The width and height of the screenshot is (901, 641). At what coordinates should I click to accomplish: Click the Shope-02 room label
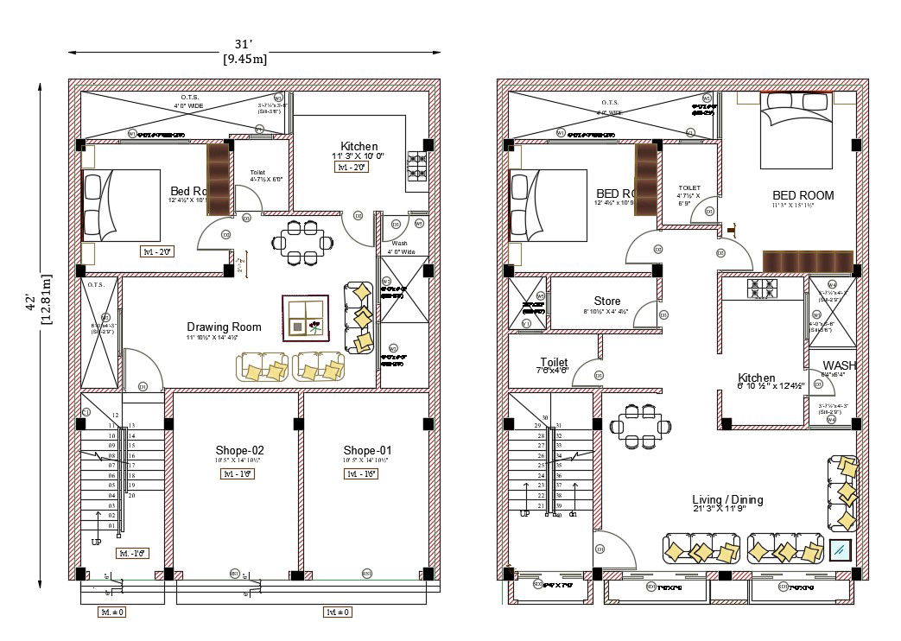(239, 450)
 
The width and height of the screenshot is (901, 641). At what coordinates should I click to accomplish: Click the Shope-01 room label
(367, 450)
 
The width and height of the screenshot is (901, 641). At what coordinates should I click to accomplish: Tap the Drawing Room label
(224, 327)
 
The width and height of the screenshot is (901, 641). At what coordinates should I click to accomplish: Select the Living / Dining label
(727, 499)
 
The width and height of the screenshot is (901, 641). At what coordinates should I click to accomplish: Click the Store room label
(607, 301)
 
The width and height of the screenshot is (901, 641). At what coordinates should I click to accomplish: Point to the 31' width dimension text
(244, 44)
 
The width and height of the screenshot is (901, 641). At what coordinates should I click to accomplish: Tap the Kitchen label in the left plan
(358, 146)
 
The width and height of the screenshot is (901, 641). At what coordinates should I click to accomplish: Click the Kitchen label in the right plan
(756, 378)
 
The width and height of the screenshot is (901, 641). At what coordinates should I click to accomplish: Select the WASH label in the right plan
(839, 365)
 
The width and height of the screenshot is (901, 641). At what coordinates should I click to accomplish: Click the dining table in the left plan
(303, 242)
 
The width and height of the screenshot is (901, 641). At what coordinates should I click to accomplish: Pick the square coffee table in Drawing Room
(305, 318)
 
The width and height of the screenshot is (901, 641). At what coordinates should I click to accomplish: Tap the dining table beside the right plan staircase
(640, 425)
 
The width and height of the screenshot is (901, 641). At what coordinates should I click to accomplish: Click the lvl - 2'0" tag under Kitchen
(352, 168)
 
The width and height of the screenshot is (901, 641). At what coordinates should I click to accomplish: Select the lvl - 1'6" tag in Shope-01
(362, 474)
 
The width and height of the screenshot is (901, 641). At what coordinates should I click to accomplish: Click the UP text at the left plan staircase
(96, 542)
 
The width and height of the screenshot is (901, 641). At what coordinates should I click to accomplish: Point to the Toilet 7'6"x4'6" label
(554, 365)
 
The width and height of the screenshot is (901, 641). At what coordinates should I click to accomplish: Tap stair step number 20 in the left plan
(131, 496)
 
